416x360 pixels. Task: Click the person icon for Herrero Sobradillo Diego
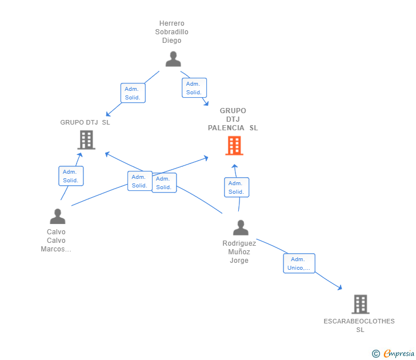[x=173, y=59]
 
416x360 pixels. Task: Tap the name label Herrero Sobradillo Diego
[x=171, y=32]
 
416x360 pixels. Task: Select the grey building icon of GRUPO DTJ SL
[x=86, y=139]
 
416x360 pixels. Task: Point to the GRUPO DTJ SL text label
[x=85, y=122]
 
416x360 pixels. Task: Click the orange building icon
[x=234, y=146]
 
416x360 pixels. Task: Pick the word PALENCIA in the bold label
[x=226, y=128]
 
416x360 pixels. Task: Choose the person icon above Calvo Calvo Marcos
[x=57, y=216]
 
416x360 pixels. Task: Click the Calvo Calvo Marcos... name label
[x=56, y=241]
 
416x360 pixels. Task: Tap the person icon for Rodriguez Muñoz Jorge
[x=241, y=227]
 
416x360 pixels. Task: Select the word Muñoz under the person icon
[x=239, y=252]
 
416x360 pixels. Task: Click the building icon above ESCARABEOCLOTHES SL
[x=360, y=305]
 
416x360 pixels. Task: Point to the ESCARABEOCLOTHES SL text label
[x=359, y=325]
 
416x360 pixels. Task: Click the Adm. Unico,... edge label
[x=299, y=263]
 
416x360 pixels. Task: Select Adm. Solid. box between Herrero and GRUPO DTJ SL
[x=133, y=93]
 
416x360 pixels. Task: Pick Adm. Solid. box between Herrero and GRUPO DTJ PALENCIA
[x=194, y=88]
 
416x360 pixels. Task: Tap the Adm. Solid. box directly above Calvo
[x=71, y=176]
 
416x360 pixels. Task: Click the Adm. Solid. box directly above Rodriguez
[x=236, y=187]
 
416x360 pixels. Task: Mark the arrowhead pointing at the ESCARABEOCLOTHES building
[x=340, y=288]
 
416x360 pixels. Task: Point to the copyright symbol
[x=375, y=354]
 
